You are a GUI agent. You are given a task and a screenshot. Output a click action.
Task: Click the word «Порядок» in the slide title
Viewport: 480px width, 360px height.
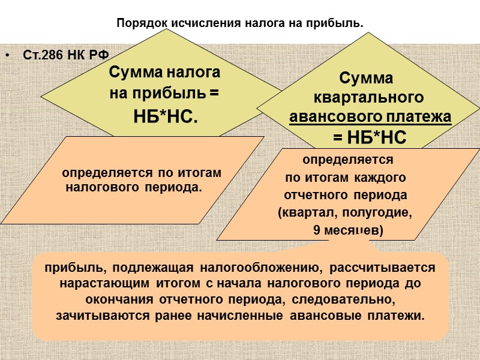[x=137, y=24]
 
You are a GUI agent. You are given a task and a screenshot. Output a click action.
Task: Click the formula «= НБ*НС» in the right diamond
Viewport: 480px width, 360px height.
[x=370, y=138]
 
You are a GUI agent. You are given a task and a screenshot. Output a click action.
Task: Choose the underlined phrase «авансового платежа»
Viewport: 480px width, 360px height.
[x=370, y=117]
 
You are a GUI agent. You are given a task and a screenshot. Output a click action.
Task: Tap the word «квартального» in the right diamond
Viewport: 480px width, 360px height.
[x=370, y=98]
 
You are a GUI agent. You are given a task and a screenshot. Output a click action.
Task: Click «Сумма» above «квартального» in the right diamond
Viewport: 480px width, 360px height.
[x=366, y=79]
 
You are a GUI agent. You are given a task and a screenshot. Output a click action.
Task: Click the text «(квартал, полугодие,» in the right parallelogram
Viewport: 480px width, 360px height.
[x=345, y=212]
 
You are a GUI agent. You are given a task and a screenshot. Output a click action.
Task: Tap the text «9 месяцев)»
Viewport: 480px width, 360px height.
[x=349, y=230]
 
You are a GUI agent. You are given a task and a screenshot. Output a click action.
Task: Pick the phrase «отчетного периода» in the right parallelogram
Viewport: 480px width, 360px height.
[x=345, y=196]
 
